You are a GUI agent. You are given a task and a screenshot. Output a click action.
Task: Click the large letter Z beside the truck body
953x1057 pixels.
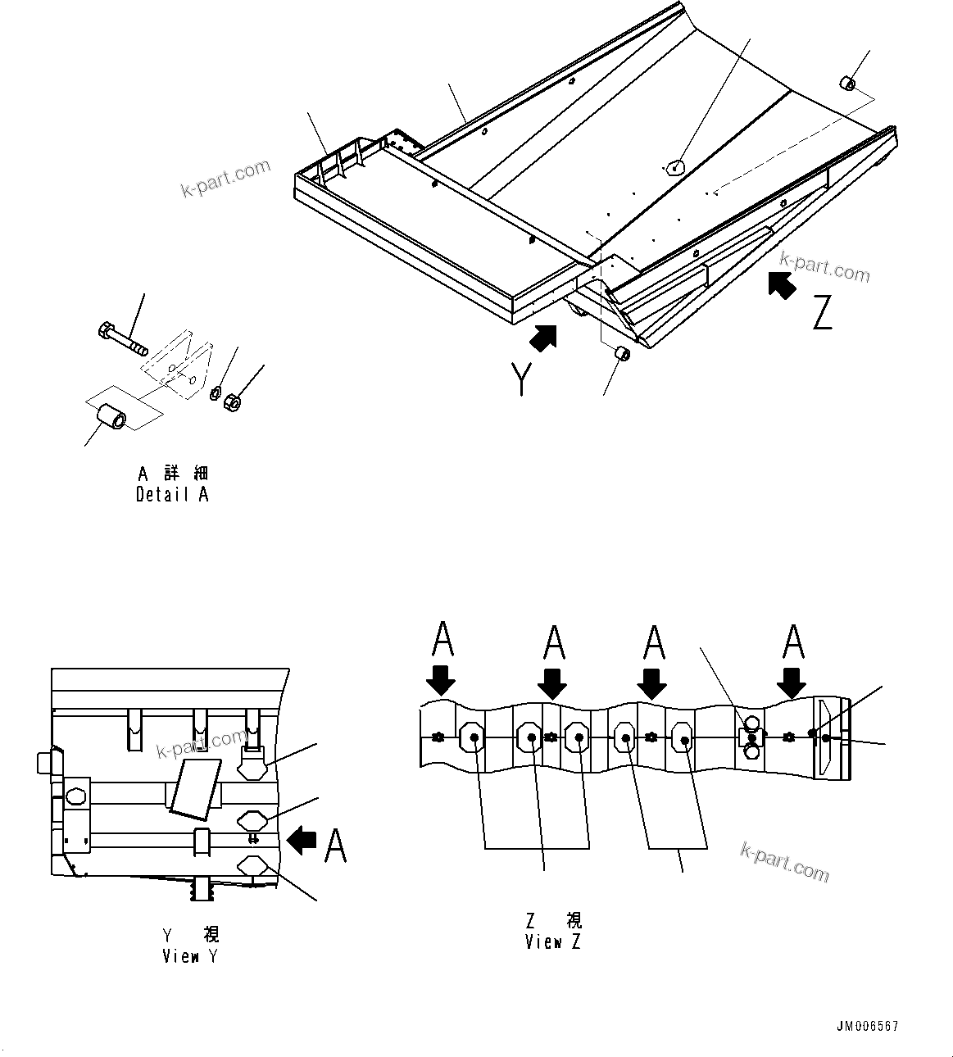(x=822, y=313)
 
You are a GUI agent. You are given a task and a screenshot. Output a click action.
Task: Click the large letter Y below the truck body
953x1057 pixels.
(x=520, y=379)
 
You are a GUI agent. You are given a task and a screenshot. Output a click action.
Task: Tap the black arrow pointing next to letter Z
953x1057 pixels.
(x=783, y=285)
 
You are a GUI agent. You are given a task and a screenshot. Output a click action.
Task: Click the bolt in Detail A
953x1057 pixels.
(x=121, y=337)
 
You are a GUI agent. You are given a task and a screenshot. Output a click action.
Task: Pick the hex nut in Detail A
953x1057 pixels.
(x=231, y=402)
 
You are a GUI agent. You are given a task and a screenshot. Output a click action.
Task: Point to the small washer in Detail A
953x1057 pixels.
(x=215, y=392)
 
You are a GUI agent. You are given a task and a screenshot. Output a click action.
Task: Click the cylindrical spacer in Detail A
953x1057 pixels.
(x=111, y=415)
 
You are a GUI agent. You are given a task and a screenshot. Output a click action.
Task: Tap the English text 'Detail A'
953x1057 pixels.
(x=172, y=495)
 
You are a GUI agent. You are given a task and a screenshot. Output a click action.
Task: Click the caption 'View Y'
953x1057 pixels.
(x=190, y=956)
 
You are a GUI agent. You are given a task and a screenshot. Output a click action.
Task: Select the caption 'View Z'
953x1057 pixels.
(x=553, y=942)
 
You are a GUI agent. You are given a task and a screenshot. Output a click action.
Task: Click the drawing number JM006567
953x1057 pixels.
(x=868, y=1027)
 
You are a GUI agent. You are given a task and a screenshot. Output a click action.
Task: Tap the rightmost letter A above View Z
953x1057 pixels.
(x=792, y=642)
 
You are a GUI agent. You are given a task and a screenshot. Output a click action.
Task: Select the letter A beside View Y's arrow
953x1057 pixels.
(x=335, y=845)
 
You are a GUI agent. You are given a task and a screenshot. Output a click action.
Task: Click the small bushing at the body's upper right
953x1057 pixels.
(x=846, y=83)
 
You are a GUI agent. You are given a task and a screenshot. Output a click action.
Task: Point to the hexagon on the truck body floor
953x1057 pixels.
(x=673, y=168)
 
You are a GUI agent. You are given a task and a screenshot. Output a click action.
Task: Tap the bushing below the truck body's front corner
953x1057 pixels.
(x=621, y=354)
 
